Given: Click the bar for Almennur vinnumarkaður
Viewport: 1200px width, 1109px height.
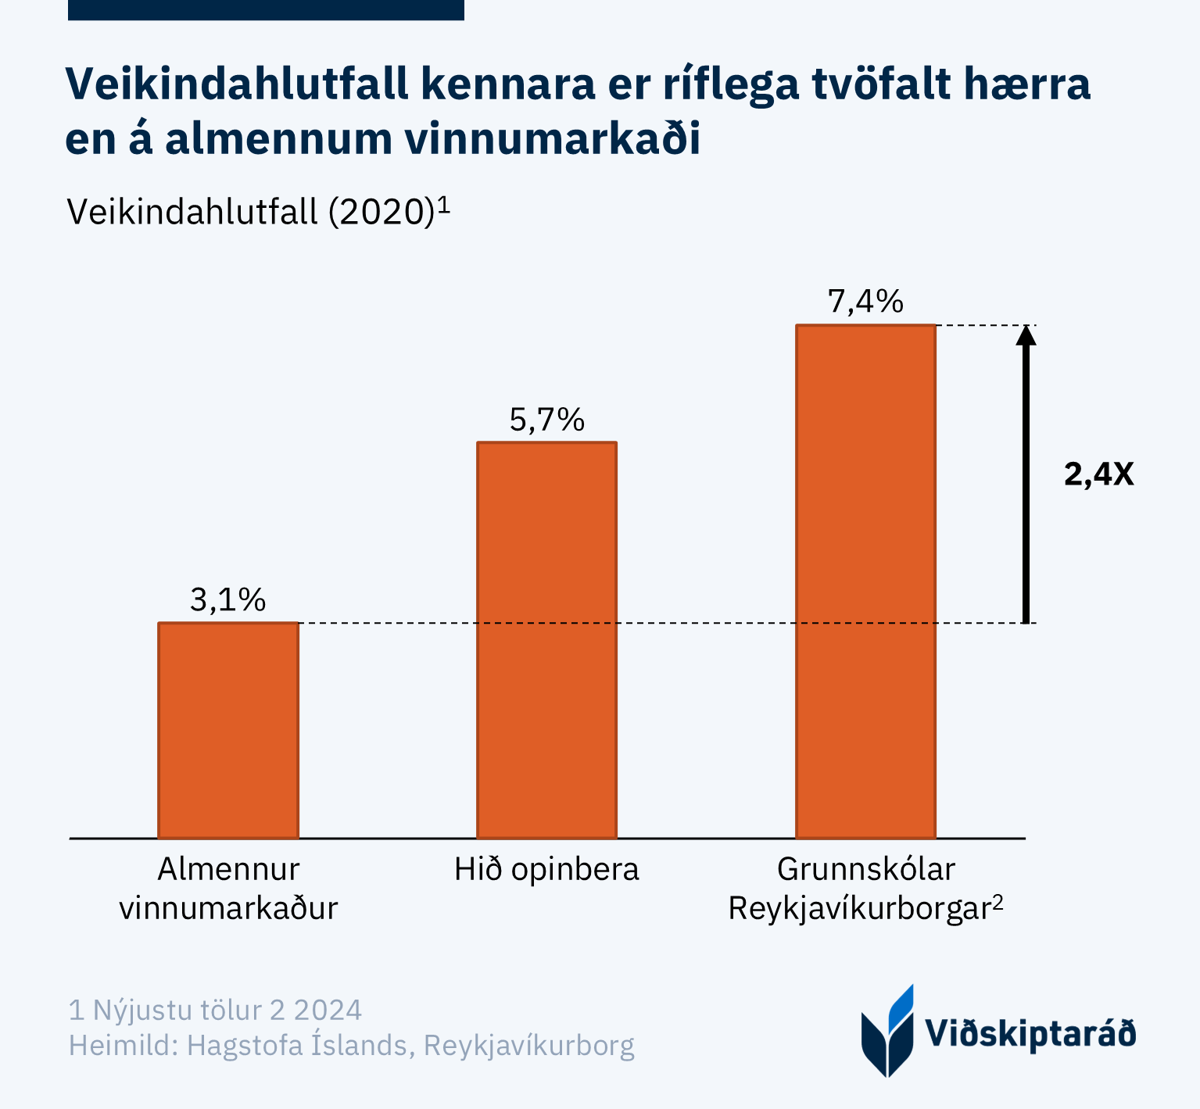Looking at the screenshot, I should pyautogui.click(x=228, y=730).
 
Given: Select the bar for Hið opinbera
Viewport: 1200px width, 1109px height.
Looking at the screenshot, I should pyautogui.click(x=546, y=640).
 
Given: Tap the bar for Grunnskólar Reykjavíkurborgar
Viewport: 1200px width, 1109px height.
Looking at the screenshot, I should pyautogui.click(x=865, y=581).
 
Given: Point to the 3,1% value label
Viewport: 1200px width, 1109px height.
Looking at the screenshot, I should pyautogui.click(x=228, y=600).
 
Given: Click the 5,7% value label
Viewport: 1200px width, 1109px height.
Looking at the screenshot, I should pyautogui.click(x=546, y=420).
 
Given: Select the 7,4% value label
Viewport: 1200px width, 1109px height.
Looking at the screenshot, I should pyautogui.click(x=865, y=302).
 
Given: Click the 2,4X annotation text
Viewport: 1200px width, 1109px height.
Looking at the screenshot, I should pyautogui.click(x=1098, y=474).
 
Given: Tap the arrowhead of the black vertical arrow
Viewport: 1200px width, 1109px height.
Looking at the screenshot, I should pyautogui.click(x=1026, y=334).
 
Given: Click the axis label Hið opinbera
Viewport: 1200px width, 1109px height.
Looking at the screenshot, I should pyautogui.click(x=546, y=869).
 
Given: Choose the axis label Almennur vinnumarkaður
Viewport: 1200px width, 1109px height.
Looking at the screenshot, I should pyautogui.click(x=228, y=889).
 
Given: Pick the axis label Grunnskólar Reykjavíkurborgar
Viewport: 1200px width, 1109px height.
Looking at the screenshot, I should pyautogui.click(x=865, y=889).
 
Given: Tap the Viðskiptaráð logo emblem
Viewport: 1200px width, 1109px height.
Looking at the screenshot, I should pyautogui.click(x=888, y=1032).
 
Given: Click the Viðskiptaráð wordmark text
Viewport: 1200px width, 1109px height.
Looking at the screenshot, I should pyautogui.click(x=1030, y=1033).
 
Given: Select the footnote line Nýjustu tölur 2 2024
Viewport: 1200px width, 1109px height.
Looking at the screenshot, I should pyautogui.click(x=216, y=1010).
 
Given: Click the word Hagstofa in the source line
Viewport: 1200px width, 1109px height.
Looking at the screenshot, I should pyautogui.click(x=242, y=1045).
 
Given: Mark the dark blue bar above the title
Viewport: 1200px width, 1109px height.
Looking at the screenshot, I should pyautogui.click(x=266, y=9).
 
